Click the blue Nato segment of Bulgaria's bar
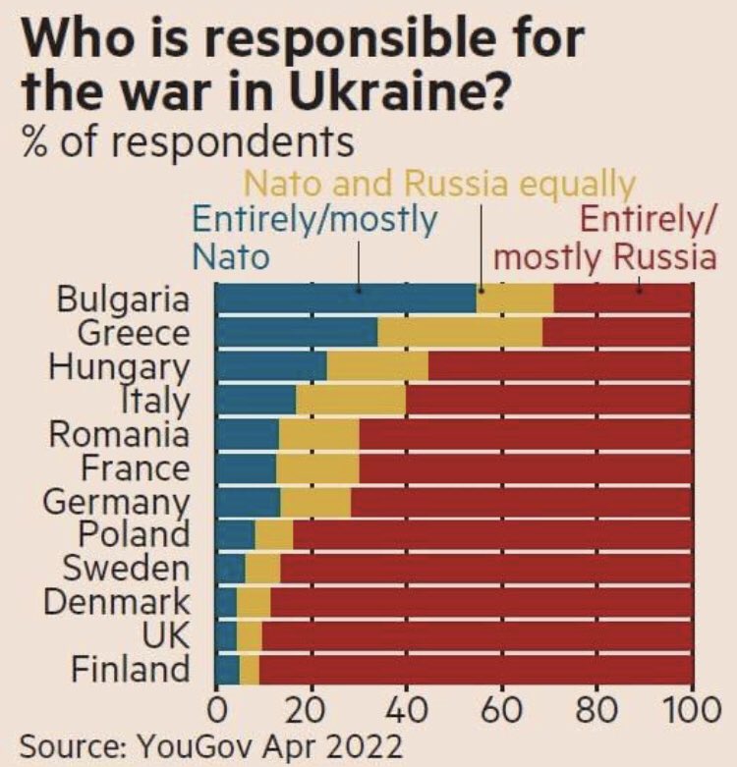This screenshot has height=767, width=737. click(x=344, y=299)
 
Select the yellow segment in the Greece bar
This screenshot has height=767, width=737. click(x=459, y=333)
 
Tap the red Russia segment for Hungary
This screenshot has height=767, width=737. click(x=560, y=366)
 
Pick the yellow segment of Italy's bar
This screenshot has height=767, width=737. click(x=351, y=400)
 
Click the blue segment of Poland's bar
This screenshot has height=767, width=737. click(x=235, y=534)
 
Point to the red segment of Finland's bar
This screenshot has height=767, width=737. click(x=476, y=669)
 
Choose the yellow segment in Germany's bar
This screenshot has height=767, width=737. click(x=315, y=501)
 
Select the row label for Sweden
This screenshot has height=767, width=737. click(x=126, y=568)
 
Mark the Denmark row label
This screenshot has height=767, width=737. click(x=116, y=602)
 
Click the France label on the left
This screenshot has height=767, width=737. click(x=136, y=467)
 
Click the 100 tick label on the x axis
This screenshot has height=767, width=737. click(x=693, y=710)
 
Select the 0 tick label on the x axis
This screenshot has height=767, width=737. click(x=216, y=710)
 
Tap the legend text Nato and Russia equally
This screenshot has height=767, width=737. click(x=439, y=184)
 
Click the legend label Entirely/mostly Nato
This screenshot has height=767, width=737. click(x=312, y=237)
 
